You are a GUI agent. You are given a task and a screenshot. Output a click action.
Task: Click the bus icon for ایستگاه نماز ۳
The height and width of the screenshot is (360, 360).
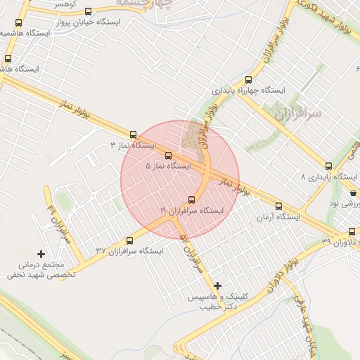pos(133,134)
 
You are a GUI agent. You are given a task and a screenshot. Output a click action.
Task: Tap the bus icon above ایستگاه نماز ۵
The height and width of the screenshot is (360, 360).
pos(168,156)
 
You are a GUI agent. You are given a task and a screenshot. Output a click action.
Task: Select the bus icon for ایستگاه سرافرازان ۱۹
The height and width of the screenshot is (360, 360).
pos(192,200)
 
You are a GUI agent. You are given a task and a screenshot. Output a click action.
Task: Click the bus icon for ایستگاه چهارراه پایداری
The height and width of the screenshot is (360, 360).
pos(247,80)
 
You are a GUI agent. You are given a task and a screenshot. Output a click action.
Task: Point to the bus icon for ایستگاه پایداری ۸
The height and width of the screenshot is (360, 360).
pos(328,167)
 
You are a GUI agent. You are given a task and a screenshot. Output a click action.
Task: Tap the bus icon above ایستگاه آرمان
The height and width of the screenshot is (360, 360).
pos(279,207)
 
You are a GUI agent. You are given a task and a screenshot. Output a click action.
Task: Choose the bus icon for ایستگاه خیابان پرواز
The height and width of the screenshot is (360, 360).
pos(88,12)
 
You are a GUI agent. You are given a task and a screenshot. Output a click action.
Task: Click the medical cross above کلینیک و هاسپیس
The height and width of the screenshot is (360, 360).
pos(217,285)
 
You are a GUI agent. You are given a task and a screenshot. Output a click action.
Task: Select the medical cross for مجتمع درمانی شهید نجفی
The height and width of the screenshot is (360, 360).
pos(41,254)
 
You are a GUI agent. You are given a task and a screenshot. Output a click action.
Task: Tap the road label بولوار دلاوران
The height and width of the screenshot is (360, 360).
pos(285,275)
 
